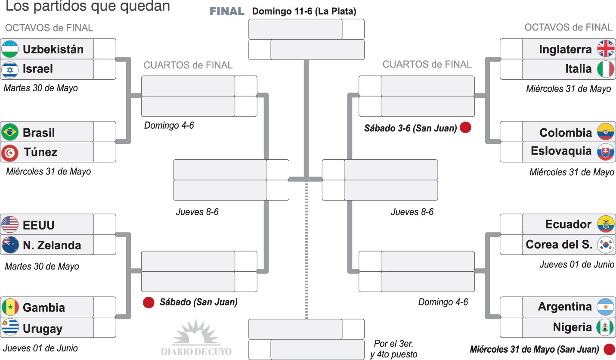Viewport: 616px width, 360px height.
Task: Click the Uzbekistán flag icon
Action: [10, 49]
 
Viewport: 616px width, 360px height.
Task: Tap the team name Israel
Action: [38, 69]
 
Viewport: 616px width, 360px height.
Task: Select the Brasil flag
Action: [10, 132]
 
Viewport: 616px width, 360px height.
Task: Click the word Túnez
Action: [40, 152]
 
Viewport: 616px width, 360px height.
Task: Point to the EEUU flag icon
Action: [10, 224]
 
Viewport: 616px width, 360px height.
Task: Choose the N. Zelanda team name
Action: [52, 245]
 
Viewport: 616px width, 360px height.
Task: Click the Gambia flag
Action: [10, 307]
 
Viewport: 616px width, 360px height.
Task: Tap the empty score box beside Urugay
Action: [105, 328]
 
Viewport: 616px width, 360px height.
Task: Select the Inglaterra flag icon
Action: [606, 49]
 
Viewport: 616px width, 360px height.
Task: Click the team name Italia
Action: [578, 69]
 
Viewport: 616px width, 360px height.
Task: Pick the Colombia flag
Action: [606, 132]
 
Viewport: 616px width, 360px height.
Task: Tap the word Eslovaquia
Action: [561, 151]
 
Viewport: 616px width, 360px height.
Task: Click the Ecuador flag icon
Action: [606, 224]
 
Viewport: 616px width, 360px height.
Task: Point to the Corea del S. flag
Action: [606, 244]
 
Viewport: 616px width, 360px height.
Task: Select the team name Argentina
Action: [565, 307]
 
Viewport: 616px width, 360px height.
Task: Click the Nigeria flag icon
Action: [606, 327]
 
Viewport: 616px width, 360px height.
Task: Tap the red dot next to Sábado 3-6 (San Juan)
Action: [465, 128]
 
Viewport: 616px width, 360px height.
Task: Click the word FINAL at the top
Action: [227, 12]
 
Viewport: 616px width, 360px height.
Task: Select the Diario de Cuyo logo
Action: [196, 338]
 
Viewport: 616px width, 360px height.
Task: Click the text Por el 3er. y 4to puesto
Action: [393, 349]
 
